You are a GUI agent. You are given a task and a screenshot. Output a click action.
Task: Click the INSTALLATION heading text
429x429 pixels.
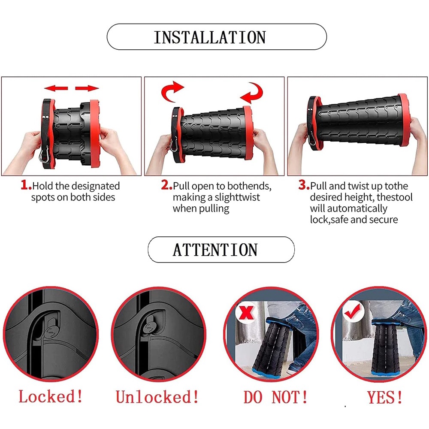[210, 37]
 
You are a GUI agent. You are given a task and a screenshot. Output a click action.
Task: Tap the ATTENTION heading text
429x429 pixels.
[215, 250]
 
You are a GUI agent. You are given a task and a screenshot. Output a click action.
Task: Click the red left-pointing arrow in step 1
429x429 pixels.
[56, 88]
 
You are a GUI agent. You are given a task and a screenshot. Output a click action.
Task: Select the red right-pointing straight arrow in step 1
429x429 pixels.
[87, 88]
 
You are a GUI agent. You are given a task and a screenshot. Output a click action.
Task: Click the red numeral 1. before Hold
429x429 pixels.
[26, 185]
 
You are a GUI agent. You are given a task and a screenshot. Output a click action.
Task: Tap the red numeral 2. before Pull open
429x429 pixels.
[166, 185]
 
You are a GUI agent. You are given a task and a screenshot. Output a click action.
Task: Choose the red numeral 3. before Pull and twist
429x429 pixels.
[304, 185]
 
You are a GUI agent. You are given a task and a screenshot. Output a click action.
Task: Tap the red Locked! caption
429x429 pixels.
[51, 396]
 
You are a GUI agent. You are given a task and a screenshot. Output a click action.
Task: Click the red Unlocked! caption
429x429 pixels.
[157, 397]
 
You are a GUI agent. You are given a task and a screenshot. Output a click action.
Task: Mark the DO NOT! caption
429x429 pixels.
[275, 397]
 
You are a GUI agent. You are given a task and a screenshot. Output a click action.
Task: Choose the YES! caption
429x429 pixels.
[385, 397]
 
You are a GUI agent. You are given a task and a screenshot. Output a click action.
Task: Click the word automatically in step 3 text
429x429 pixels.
[357, 209]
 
